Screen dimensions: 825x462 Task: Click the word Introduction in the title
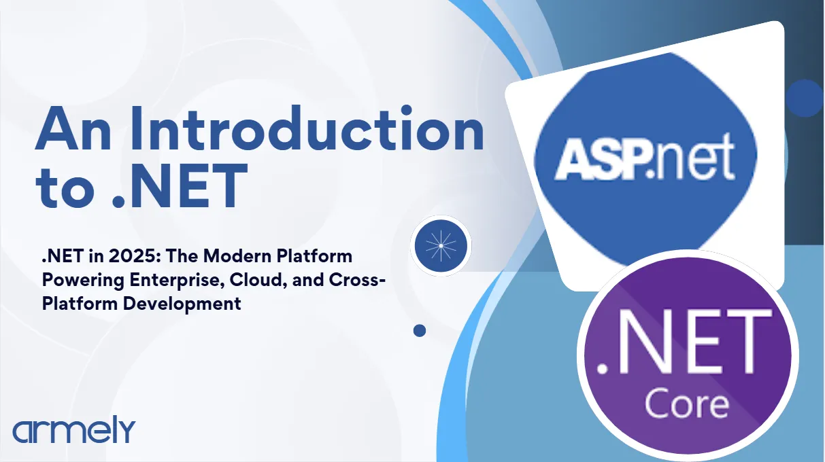coord(307,128)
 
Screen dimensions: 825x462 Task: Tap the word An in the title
coord(73,130)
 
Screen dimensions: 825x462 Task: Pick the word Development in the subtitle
coord(182,304)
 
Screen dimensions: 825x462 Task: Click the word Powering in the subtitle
coord(83,281)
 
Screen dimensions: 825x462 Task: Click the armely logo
coord(74,429)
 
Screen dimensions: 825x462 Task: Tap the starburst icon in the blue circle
coord(441,246)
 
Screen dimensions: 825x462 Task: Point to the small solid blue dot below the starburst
coord(420,331)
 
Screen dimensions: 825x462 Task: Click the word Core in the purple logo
coord(687,405)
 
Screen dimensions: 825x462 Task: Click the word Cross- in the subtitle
coord(357,280)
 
